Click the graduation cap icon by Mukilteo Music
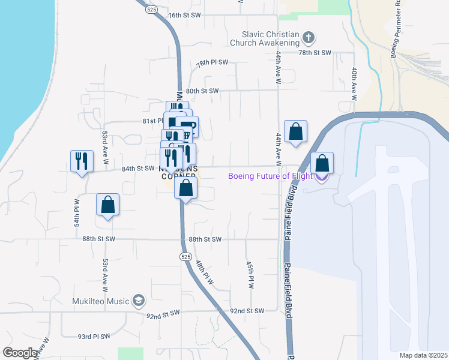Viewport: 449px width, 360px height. point(139,300)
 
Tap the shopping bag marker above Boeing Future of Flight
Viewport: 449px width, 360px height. point(322,163)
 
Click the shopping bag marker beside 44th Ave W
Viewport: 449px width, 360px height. point(296,131)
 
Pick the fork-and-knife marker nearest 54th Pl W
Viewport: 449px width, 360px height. point(82,161)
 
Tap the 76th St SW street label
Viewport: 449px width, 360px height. point(184,15)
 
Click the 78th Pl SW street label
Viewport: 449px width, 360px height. point(212,62)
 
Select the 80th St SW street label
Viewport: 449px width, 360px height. point(201,91)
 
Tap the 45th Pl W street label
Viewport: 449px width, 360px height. point(251,274)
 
